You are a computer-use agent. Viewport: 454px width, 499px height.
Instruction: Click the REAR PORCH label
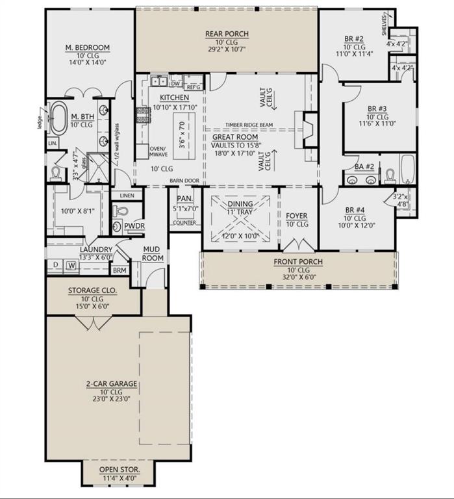[227, 34]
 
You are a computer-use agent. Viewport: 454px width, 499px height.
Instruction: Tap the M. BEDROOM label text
[87, 47]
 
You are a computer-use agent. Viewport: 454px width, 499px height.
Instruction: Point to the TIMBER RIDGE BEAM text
[253, 125]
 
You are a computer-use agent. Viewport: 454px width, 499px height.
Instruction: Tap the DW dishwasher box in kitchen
[175, 83]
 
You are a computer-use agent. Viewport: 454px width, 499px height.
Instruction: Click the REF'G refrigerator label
[194, 86]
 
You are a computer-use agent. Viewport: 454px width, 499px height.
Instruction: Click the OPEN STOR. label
[119, 469]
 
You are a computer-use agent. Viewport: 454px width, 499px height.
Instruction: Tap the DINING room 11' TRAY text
[241, 211]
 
